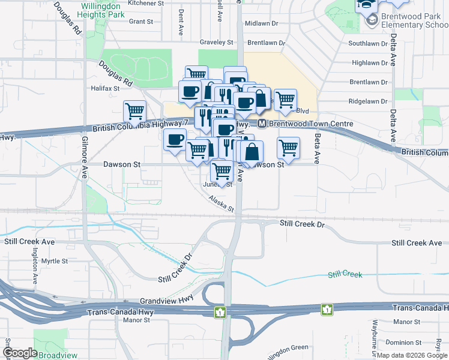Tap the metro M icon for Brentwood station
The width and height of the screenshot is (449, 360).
click(262, 124)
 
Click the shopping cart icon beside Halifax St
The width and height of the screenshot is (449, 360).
click(134, 111)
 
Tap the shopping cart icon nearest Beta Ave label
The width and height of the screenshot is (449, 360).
click(289, 148)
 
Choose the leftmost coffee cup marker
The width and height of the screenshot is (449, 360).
click(175, 140)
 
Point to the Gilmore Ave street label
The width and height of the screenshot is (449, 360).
click(83, 162)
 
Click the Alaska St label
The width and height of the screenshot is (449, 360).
click(221, 205)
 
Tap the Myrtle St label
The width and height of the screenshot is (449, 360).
click(55, 261)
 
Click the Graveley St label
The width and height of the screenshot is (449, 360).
click(216, 43)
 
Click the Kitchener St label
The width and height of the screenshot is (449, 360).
click(141, 3)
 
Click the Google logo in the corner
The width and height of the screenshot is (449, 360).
click(19, 353)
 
